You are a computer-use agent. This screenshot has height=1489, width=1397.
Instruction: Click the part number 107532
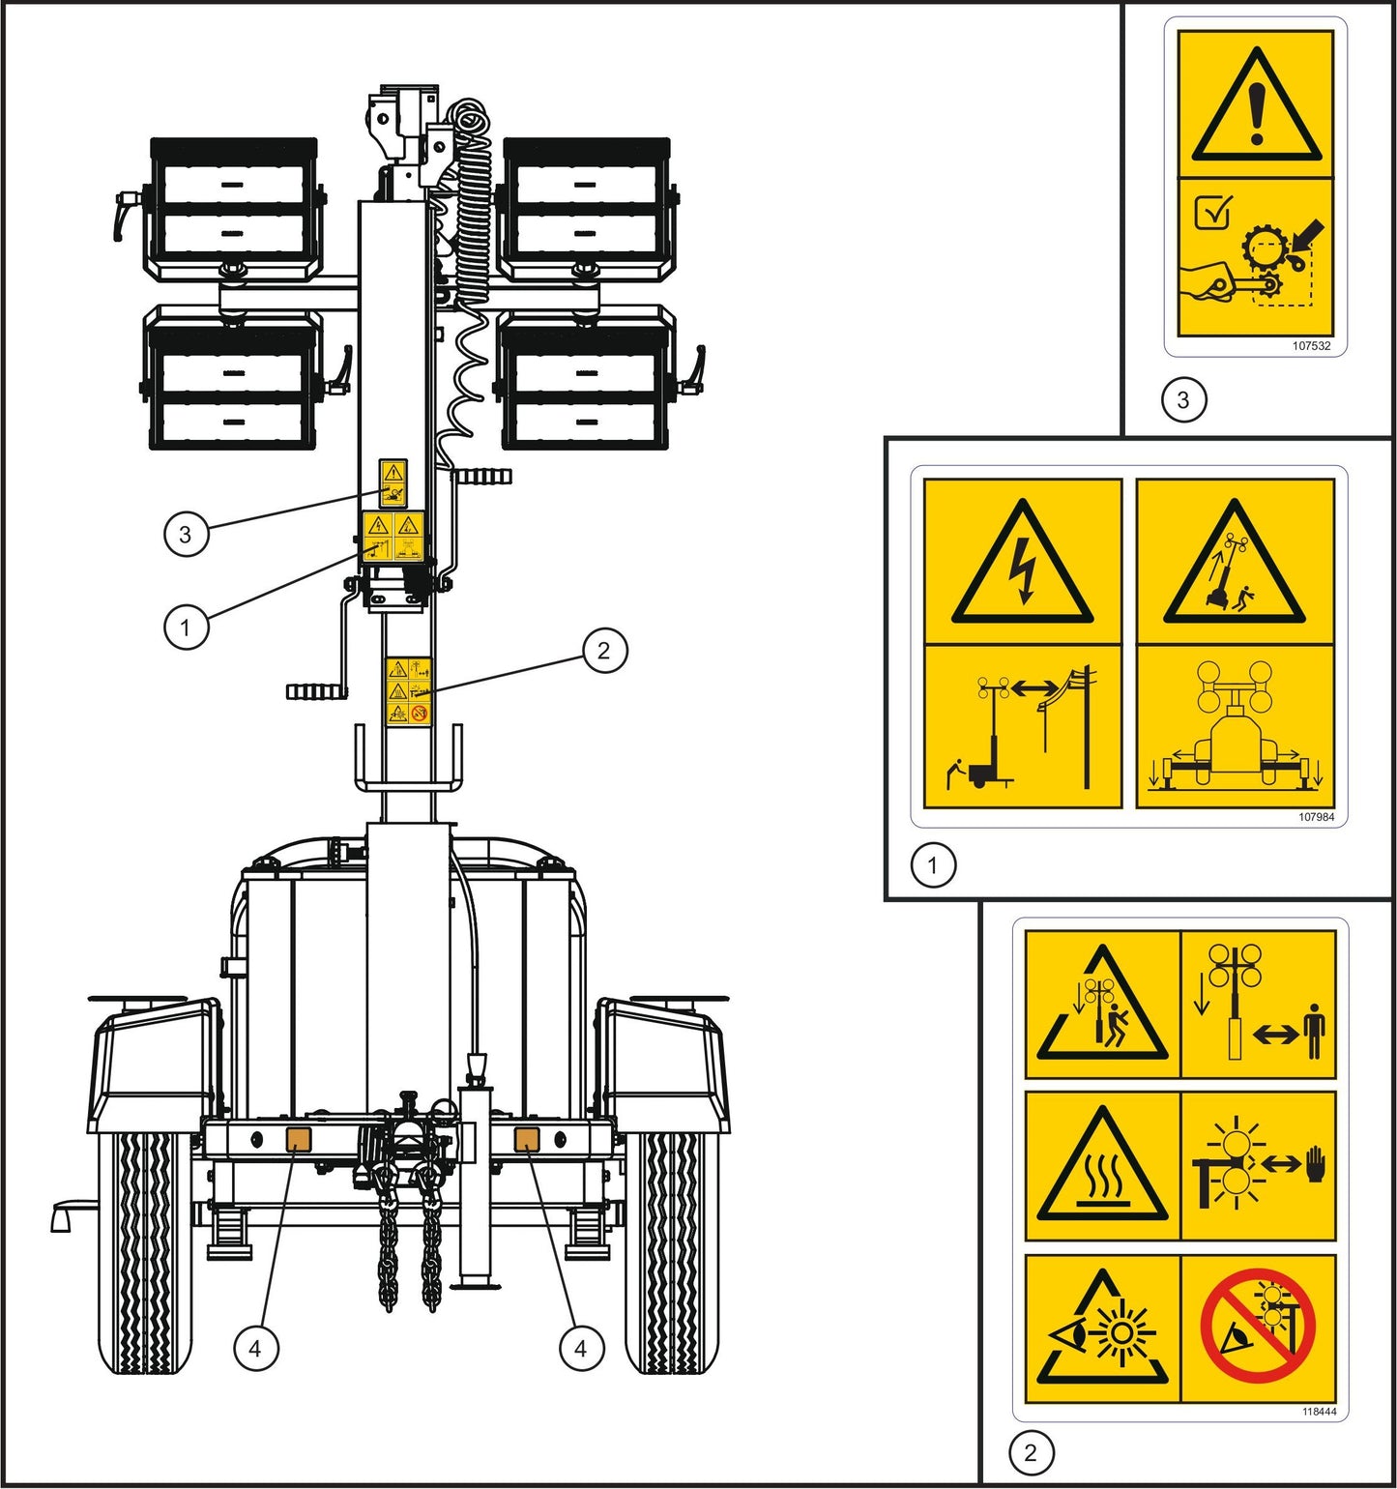click(x=1311, y=345)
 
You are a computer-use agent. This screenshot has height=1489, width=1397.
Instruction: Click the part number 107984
click(x=1316, y=817)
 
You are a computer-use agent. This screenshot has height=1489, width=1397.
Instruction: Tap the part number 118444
click(x=1319, y=1412)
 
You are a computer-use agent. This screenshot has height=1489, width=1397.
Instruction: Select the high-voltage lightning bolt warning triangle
click(x=1023, y=565)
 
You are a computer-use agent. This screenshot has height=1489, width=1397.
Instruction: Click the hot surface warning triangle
click(x=1102, y=1167)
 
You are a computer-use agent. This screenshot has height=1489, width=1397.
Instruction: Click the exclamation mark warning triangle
click(x=1256, y=107)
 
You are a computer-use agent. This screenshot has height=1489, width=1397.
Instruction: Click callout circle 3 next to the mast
click(x=186, y=534)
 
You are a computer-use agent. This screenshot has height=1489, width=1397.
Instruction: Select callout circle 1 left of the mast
click(x=186, y=628)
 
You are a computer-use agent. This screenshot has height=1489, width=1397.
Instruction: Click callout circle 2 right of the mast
click(x=604, y=651)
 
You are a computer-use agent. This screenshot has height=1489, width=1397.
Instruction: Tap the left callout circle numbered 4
click(x=255, y=1348)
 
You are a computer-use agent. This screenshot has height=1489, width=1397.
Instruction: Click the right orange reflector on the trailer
click(x=526, y=1139)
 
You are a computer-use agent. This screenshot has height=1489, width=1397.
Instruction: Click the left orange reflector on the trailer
click(x=297, y=1139)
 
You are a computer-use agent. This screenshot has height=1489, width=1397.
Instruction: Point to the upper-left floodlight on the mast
click(x=233, y=208)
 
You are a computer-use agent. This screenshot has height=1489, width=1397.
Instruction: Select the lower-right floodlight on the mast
click(x=586, y=379)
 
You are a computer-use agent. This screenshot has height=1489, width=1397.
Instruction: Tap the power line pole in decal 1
click(x=1087, y=725)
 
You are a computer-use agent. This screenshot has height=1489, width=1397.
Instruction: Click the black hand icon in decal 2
click(x=1316, y=1165)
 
